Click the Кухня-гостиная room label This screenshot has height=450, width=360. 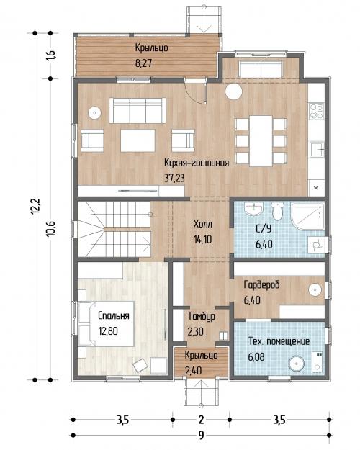[197, 163]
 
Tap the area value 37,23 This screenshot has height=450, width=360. [174, 179]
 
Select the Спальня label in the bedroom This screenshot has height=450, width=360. [113, 315]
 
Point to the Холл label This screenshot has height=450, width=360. [202, 224]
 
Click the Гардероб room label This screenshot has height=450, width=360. [261, 285]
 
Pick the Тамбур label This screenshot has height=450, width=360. [202, 316]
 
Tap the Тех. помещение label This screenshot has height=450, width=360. [279, 341]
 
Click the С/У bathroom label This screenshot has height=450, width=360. [264, 228]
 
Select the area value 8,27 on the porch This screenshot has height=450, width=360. [143, 63]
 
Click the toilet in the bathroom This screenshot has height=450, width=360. [277, 211]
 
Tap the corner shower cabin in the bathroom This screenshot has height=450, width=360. [307, 216]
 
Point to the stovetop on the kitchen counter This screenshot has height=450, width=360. [316, 111]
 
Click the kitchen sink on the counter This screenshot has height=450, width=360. [318, 149]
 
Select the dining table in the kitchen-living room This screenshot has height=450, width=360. [261, 141]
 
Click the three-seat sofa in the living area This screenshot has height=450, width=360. [138, 110]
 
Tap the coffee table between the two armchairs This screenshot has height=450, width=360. [138, 140]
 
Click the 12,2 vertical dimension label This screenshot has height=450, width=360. [36, 206]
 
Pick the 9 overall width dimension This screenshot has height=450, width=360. [202, 436]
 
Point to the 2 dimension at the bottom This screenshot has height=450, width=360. [201, 420]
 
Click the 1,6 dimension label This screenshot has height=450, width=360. [51, 55]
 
